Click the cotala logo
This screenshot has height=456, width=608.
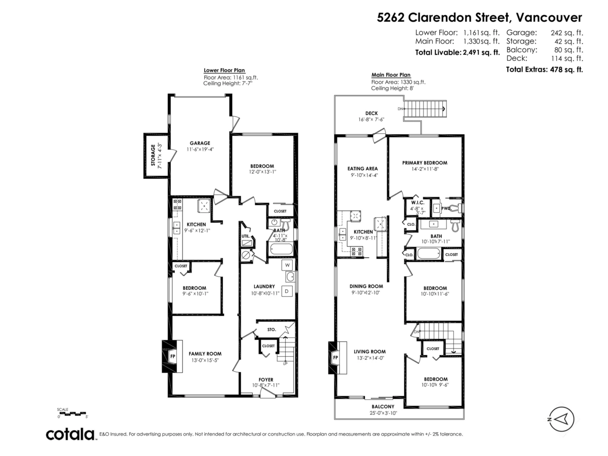(x=70, y=434)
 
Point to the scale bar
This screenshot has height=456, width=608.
(x=73, y=414)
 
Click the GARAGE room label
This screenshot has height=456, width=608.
(x=200, y=143)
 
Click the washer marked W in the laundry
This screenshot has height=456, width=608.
(x=287, y=265)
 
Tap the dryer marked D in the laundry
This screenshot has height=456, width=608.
(x=286, y=291)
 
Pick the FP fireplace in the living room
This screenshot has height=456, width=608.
(x=335, y=358)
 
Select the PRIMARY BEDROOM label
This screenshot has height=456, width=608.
(x=425, y=163)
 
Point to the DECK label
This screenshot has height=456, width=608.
(x=371, y=113)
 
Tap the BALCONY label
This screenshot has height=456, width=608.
(x=383, y=406)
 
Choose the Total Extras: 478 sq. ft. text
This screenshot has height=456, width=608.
(x=544, y=69)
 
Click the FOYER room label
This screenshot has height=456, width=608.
(x=265, y=379)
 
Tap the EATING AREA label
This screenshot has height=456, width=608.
(x=362, y=169)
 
